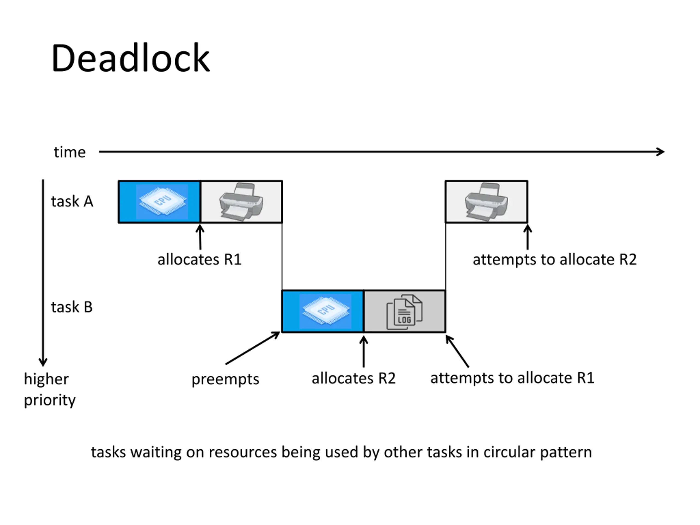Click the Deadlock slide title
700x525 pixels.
[130, 58]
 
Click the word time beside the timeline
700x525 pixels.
[70, 152]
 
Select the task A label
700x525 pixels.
[72, 202]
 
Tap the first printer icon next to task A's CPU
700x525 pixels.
[241, 202]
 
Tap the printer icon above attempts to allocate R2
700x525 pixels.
[486, 202]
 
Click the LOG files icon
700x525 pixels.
[404, 312]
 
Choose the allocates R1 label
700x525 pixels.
[199, 260]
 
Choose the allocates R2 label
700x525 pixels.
[354, 378]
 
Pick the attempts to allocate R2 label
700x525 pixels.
[555, 260]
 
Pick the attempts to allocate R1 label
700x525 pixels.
[512, 378]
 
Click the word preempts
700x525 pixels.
[225, 379]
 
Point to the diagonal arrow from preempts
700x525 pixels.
[253, 348]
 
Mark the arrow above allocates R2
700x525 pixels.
[364, 352]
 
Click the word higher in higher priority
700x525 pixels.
[46, 379]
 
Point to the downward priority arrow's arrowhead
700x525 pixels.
[43, 362]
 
